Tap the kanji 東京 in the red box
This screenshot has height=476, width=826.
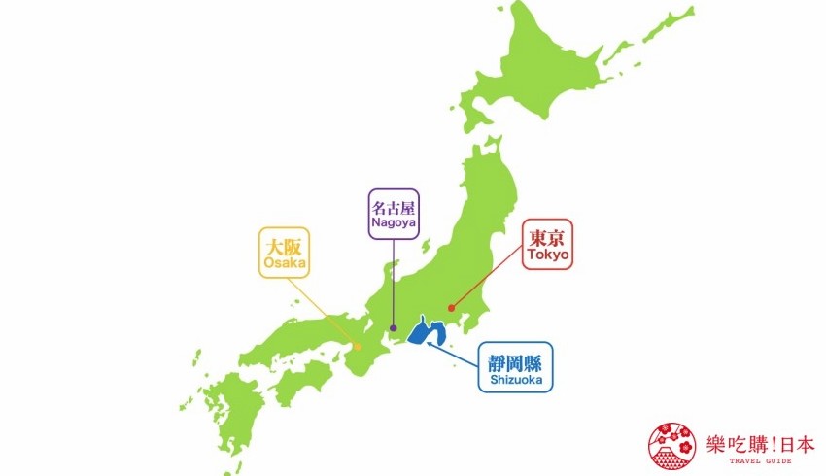[x=547, y=236]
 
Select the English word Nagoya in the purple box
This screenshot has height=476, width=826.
[x=393, y=221]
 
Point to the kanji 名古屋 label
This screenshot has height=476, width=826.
[x=393, y=205]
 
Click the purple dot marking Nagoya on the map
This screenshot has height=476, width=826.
[x=393, y=328]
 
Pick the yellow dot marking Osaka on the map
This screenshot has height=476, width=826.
[x=358, y=347]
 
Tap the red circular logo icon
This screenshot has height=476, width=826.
[x=668, y=444]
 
